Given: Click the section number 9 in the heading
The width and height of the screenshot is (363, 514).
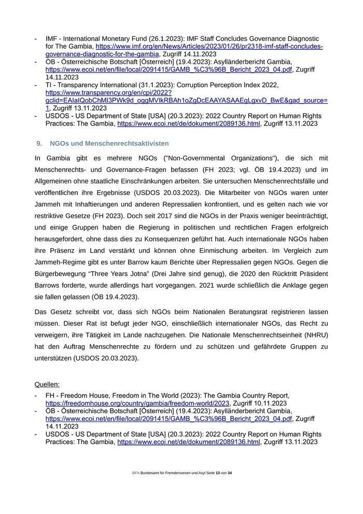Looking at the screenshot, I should coord(38,143).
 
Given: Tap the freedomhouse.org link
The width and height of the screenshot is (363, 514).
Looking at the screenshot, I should coord(137,403).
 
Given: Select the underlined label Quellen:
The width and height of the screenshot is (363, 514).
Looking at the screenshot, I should coord(47,385).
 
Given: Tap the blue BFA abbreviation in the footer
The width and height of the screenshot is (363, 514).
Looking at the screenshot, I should coord(136,473).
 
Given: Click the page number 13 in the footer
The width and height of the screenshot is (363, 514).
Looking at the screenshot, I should coord(218,473).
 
